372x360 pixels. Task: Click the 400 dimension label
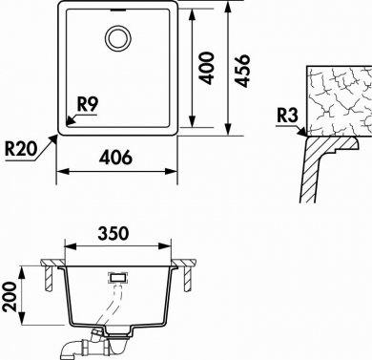click(208, 68)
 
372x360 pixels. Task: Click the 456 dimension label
click(243, 71)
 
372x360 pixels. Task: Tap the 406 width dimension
click(115, 157)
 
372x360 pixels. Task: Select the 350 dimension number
click(114, 233)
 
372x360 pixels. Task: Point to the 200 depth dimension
click(10, 296)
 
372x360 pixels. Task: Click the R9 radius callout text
click(88, 104)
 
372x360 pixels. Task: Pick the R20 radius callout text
click(21, 149)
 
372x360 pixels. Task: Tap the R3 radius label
click(287, 116)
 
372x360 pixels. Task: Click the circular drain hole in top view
click(118, 38)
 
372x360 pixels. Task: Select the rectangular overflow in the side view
click(118, 277)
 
